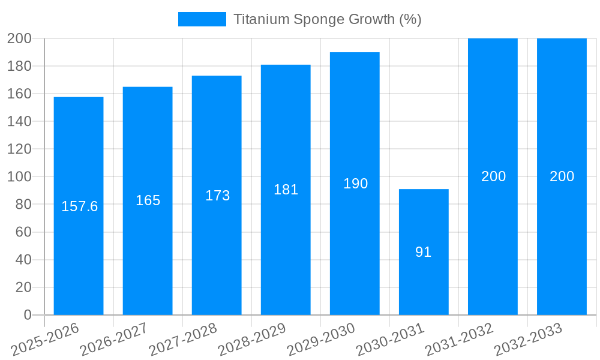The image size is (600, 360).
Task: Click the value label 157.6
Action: (80, 206)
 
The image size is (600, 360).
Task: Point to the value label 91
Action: (424, 252)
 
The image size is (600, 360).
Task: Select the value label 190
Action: (355, 184)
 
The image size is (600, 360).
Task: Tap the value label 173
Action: (217, 196)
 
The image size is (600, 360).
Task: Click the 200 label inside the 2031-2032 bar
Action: (493, 176)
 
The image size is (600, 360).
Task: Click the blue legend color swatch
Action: (202, 19)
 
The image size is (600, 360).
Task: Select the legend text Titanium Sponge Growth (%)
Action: (327, 19)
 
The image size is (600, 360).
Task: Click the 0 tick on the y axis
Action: (27, 315)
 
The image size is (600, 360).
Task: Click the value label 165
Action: (148, 200)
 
